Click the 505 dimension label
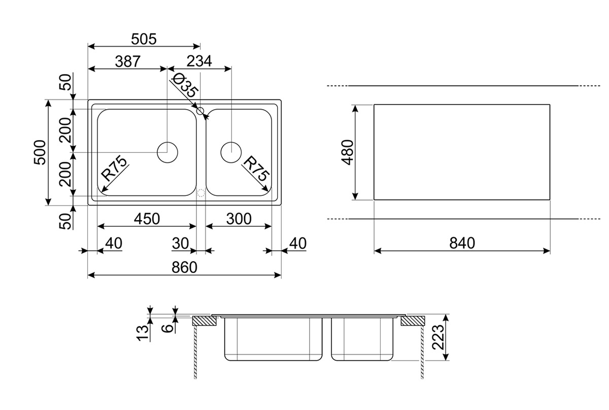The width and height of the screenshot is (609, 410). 144,39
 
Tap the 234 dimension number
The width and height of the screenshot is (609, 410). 199,61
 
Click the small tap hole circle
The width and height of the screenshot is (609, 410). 200,111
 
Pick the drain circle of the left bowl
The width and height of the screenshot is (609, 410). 167,152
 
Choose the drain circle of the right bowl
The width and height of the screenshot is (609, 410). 231,152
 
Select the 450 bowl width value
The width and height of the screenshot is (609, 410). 146,219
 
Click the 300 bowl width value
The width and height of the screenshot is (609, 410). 238,219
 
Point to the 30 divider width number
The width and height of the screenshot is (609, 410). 180,244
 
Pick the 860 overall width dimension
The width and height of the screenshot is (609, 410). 184,268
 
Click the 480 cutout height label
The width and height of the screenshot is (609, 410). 347,152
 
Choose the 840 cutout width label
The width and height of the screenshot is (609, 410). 462,244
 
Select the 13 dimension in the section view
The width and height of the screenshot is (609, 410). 144,332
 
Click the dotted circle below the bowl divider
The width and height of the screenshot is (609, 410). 200,193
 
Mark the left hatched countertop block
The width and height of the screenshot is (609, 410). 205,320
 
